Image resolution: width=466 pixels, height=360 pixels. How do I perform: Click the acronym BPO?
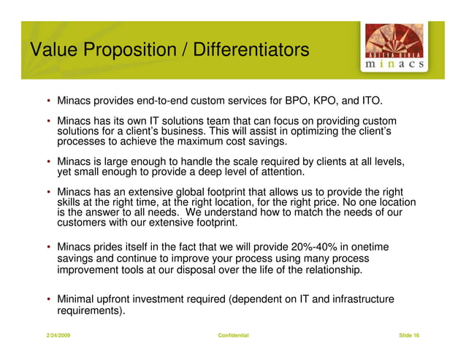tap(299, 100)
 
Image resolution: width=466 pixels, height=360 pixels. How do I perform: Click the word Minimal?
tap(77, 299)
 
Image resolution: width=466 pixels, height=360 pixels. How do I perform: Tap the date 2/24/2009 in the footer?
tap(58, 335)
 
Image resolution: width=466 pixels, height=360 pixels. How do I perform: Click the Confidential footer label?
tap(233, 335)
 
